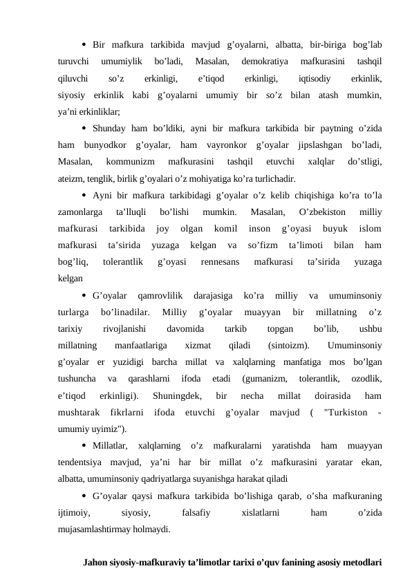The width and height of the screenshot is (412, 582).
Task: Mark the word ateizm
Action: (71, 178)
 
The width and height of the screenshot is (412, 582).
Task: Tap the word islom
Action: (371, 229)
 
